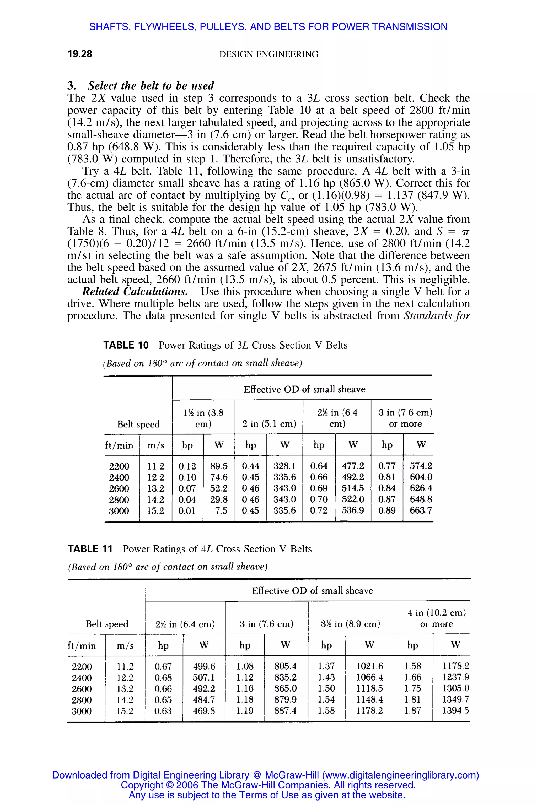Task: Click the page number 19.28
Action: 80,54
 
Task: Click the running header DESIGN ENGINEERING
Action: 268,55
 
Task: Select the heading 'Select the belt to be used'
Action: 151,86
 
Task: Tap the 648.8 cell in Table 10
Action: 421,499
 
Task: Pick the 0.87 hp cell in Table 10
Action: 387,499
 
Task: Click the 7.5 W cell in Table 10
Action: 221,511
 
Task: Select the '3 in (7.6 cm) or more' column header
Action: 405,418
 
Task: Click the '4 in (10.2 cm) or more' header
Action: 436,618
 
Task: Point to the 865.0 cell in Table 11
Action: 285,688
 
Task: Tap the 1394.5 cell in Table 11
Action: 455,711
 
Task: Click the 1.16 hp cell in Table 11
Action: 245,688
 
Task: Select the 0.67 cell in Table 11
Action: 163,666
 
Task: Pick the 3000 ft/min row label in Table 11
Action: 82,711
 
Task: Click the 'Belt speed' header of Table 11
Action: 107,624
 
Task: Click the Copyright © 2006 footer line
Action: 268,785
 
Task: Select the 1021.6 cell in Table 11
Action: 369,666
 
